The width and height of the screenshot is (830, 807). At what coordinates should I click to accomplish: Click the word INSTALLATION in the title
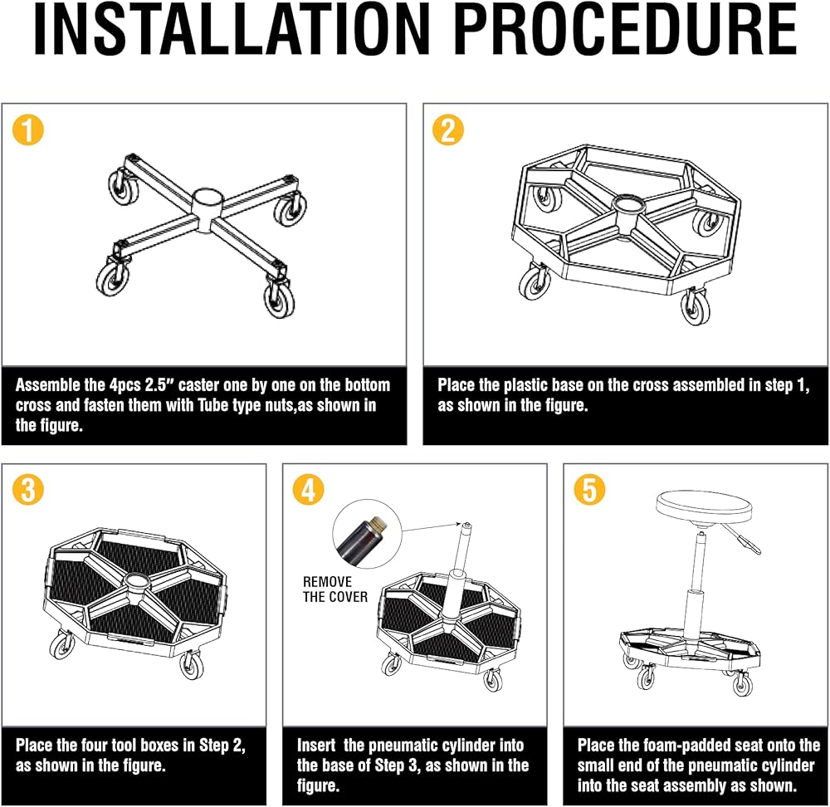pyautogui.click(x=232, y=30)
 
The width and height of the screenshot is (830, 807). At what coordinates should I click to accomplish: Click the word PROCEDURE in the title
pyautogui.click(x=626, y=30)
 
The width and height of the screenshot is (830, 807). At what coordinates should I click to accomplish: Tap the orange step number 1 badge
pyautogui.click(x=28, y=130)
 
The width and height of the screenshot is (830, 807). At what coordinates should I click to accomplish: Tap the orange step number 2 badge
pyautogui.click(x=448, y=130)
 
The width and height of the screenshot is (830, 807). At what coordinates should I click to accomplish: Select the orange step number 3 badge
pyautogui.click(x=28, y=489)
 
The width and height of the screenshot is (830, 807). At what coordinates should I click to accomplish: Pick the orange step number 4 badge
pyautogui.click(x=308, y=489)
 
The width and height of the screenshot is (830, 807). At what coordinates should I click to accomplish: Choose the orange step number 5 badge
pyautogui.click(x=589, y=489)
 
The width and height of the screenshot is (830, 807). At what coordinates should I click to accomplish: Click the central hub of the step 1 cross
pyautogui.click(x=208, y=210)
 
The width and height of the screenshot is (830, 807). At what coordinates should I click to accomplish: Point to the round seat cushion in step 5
pyautogui.click(x=704, y=507)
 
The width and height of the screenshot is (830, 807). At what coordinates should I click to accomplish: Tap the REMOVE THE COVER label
pyautogui.click(x=335, y=589)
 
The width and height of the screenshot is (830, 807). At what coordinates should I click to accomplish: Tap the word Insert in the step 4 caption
pyautogui.click(x=316, y=746)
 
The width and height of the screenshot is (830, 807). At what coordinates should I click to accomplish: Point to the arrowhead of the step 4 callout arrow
pyautogui.click(x=460, y=523)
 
